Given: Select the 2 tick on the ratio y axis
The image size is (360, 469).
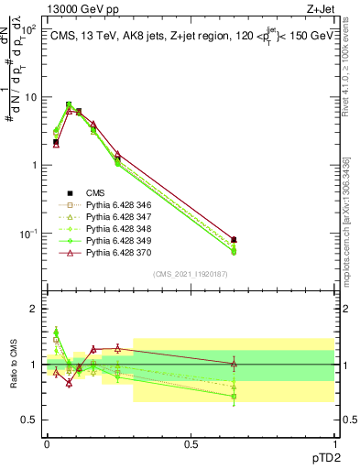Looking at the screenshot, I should tap(33, 309).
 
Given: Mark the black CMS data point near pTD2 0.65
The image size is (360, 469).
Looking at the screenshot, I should tap(234, 240).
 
